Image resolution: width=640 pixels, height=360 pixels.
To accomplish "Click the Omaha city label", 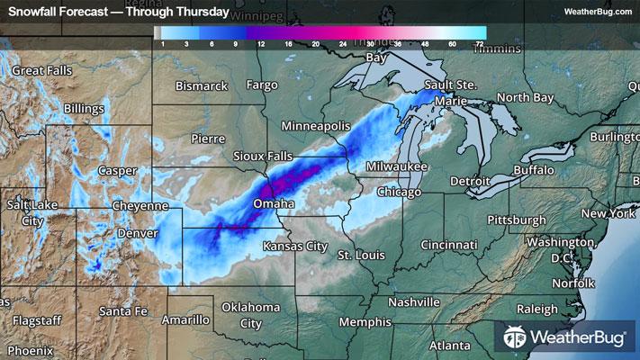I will point(274,205).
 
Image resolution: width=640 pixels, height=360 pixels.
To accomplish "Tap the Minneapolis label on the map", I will point(314,126).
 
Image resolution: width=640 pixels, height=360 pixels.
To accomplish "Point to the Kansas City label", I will point(294,246).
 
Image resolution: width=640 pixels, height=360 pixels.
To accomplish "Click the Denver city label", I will point(137,233).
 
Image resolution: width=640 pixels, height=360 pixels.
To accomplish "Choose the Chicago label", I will point(400,193).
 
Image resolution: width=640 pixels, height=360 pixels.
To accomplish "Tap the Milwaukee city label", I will point(397,167).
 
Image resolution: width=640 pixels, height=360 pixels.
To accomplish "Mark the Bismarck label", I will point(203,86).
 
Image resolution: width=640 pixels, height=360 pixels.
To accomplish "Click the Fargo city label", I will point(262,85).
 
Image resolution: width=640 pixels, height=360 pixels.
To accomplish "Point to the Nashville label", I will point(415,301).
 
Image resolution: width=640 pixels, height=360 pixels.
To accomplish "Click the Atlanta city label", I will point(449,346).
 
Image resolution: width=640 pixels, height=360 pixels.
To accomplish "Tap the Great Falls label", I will point(41,70).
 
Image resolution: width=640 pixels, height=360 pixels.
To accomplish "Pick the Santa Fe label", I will point(123,311).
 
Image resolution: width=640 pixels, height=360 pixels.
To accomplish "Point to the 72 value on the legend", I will point(480,43).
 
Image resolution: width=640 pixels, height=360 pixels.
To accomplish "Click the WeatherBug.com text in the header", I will point(598,11).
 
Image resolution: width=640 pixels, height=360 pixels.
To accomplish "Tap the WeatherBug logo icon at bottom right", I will point(516,339).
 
